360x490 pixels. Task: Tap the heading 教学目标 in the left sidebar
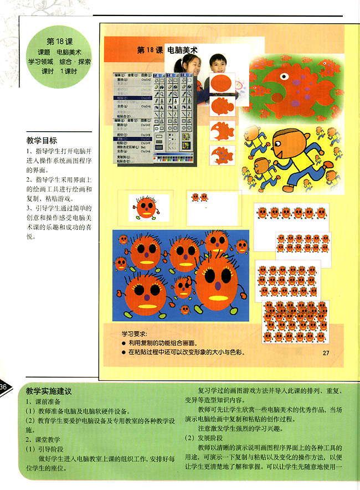(x=42, y=141)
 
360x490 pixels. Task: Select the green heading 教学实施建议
(x=49, y=391)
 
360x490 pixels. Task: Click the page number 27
(x=326, y=353)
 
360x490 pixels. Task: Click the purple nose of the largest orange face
(x=218, y=287)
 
